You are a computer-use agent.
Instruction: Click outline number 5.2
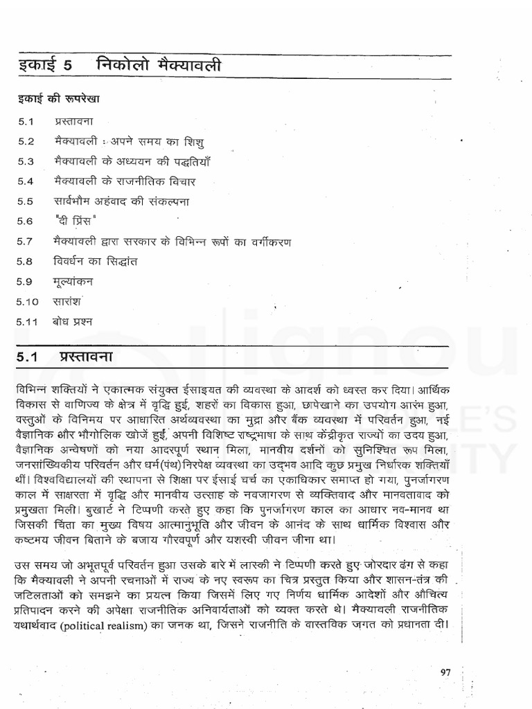pos(26,141)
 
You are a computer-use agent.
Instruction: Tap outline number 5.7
pos(26,242)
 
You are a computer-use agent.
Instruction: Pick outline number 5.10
pos(28,303)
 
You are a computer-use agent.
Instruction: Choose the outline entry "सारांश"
pos(69,303)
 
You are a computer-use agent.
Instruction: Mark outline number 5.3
pos(26,161)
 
